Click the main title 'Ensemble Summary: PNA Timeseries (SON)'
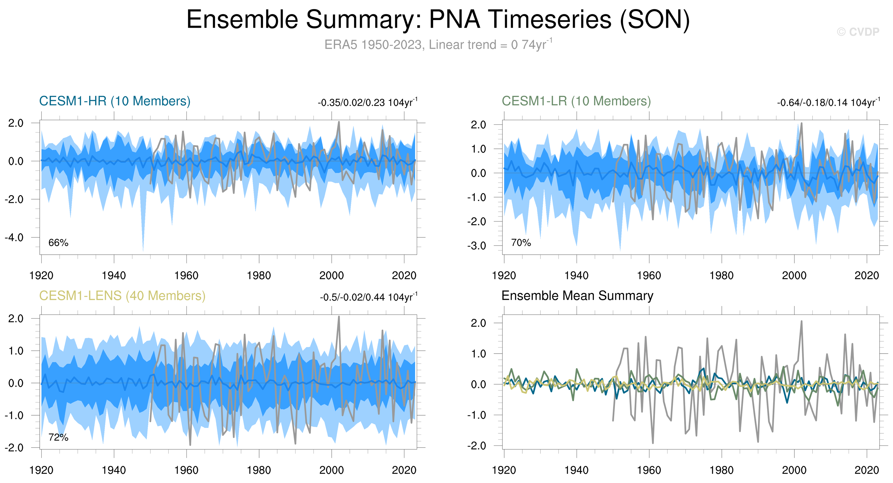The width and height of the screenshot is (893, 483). (438, 19)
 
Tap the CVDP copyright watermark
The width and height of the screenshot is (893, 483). (858, 32)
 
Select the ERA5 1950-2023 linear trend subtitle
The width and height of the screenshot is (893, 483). (438, 45)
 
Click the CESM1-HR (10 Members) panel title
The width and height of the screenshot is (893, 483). (115, 101)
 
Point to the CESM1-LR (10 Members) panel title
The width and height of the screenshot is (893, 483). (576, 101)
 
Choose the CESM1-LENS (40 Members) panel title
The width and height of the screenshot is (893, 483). (122, 296)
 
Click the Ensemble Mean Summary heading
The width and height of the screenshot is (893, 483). (577, 296)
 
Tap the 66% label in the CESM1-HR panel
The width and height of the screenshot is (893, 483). (58, 243)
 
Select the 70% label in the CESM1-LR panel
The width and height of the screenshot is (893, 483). (521, 243)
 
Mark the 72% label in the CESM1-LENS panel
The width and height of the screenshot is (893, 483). (58, 437)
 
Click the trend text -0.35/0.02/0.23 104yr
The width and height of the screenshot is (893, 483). (367, 103)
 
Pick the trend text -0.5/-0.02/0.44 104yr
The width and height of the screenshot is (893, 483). (368, 297)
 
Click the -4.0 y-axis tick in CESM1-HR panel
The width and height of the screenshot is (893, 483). (14, 238)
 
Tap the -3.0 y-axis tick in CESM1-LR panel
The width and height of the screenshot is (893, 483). (477, 246)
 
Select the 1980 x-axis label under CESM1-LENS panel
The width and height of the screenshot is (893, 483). (259, 470)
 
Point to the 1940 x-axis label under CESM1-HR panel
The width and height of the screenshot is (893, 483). (114, 275)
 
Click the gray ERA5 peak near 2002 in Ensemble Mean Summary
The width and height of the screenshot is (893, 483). (801, 322)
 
